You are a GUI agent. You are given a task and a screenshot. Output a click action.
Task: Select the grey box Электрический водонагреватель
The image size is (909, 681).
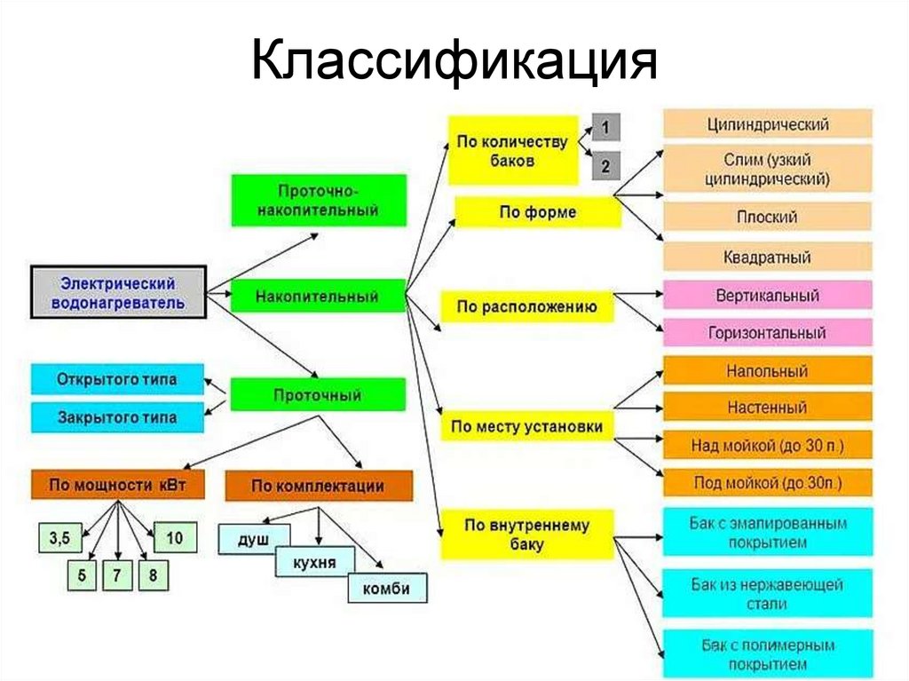[x=118, y=292]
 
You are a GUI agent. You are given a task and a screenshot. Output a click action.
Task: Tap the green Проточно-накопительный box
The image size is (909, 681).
[x=319, y=201]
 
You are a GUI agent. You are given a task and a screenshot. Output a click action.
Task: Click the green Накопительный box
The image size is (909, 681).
[x=318, y=296]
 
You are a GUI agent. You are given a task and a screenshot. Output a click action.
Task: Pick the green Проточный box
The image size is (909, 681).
[x=318, y=394]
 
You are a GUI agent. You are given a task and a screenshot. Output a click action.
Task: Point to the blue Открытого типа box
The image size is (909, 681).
[x=117, y=380]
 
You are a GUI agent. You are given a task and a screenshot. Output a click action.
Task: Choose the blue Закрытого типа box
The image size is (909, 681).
[x=117, y=417]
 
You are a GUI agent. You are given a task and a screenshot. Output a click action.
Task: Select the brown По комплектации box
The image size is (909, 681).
[x=319, y=486]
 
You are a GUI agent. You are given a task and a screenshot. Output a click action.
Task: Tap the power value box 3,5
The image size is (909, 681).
[x=59, y=538]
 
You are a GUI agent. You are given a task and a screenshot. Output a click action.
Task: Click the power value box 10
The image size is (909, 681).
[x=174, y=538]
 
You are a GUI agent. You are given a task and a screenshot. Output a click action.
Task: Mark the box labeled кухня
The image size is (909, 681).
[x=315, y=561]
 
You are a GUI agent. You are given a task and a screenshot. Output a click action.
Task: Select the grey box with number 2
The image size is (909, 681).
[x=605, y=165]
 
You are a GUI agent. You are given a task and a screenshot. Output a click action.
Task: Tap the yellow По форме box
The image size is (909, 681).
[x=538, y=212]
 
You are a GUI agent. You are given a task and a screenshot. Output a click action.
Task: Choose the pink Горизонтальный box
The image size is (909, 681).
[x=767, y=333]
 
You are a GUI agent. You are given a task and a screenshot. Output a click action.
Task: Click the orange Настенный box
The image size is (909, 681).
[x=767, y=408]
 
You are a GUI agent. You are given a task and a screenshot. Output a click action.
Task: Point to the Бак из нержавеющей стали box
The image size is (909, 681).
[x=767, y=594]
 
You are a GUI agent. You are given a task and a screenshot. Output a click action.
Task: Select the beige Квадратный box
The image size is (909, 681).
[x=767, y=257]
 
